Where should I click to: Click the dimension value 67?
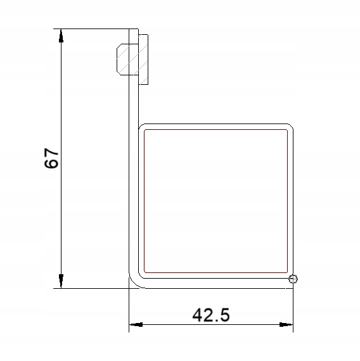pyautogui.click(x=52, y=158)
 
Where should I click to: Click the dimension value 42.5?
pyautogui.click(x=211, y=315)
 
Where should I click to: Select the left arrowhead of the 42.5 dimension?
pyautogui.click(x=136, y=325)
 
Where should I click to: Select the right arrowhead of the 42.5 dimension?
pyautogui.click(x=286, y=325)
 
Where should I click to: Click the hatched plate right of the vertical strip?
pyautogui.click(x=143, y=59)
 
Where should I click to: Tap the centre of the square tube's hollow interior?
pyautogui.click(x=216, y=201)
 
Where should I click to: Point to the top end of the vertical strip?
pyautogui.click(x=133, y=30)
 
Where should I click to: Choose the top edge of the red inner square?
pyautogui.click(x=216, y=129)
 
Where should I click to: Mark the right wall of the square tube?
pyautogui.click(x=292, y=201)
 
